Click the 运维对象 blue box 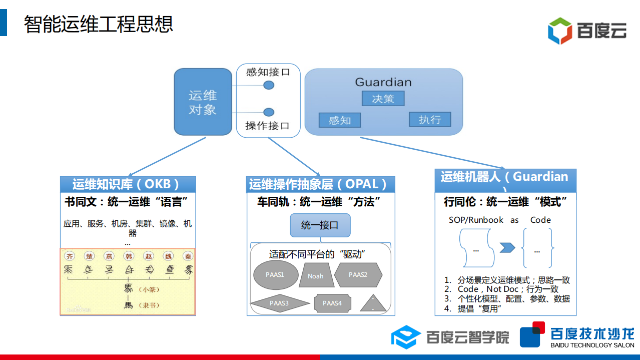[x=203, y=102]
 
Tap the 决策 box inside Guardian [x=383, y=99]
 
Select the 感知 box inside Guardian [x=340, y=120]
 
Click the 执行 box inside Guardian [x=430, y=119]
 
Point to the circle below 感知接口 [x=269, y=85]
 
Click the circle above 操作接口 [x=269, y=112]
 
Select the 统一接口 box [x=320, y=225]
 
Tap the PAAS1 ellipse [x=275, y=275]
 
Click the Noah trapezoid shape [x=316, y=276]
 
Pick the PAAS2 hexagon [x=358, y=275]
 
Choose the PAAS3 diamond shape [x=279, y=303]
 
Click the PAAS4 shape [x=332, y=303]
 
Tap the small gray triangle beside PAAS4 [x=373, y=304]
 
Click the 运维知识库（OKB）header [x=128, y=184]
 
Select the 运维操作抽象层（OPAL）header [x=320, y=184]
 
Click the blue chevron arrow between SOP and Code [x=507, y=248]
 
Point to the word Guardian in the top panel [x=383, y=82]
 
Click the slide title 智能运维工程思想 [x=99, y=24]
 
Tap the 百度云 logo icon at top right [x=559, y=31]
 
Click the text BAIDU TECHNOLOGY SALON [x=592, y=345]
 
